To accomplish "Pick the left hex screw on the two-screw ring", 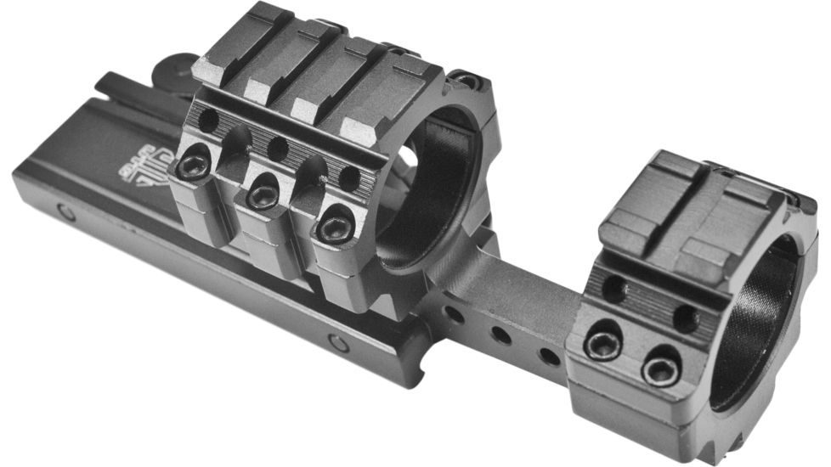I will [602, 345].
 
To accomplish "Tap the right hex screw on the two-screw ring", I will [661, 369].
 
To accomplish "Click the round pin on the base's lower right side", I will [338, 343].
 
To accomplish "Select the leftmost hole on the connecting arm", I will [455, 315].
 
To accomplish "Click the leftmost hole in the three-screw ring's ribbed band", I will [206, 121].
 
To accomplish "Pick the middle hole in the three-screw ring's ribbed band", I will [277, 149].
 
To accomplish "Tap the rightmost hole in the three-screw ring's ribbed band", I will [349, 177].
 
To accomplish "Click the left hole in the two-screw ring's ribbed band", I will [614, 289].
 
